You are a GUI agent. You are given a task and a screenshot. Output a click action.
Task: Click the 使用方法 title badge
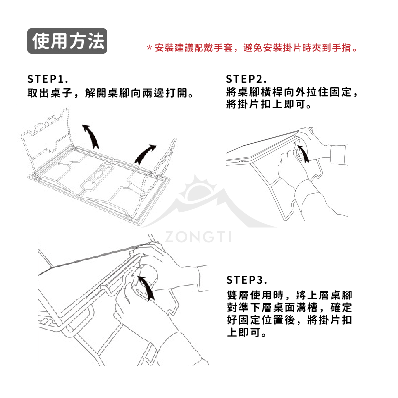[x=67, y=41]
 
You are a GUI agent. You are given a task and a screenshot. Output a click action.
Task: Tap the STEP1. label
[x=48, y=79]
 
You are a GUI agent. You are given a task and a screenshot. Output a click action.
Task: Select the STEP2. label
[x=246, y=79]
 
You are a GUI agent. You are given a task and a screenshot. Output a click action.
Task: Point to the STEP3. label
[x=247, y=280]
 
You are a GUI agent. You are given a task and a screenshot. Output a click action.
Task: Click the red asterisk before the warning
[x=149, y=48]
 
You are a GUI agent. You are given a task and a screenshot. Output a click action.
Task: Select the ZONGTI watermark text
[x=198, y=237]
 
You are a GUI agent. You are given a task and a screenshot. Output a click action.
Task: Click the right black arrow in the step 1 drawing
[x=145, y=154]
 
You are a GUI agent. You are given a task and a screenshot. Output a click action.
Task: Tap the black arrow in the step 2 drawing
[x=303, y=154]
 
